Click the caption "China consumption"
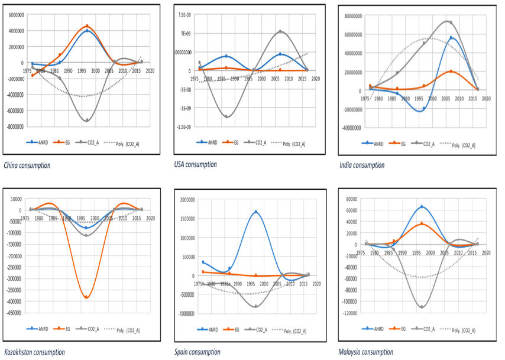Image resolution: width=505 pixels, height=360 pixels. pos(27,166)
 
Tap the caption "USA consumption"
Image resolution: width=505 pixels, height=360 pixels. pos(196,164)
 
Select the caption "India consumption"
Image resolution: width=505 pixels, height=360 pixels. pos(362,166)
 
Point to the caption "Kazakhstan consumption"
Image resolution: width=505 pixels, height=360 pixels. pos(34,352)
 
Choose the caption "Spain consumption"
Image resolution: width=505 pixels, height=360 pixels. pos(198,352)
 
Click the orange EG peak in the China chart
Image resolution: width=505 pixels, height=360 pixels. pos(87,26)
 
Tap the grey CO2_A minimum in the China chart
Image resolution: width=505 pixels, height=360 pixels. pos(87,120)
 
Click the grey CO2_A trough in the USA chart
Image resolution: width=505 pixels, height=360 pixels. pos(226,116)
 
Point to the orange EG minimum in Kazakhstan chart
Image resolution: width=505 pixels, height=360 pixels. pos(86,297)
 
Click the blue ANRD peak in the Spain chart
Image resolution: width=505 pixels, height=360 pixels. pos(256,212)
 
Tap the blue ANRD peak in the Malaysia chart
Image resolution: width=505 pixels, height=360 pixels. pos(422,207)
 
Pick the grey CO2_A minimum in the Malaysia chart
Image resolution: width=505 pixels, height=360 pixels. pos(422,307)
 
